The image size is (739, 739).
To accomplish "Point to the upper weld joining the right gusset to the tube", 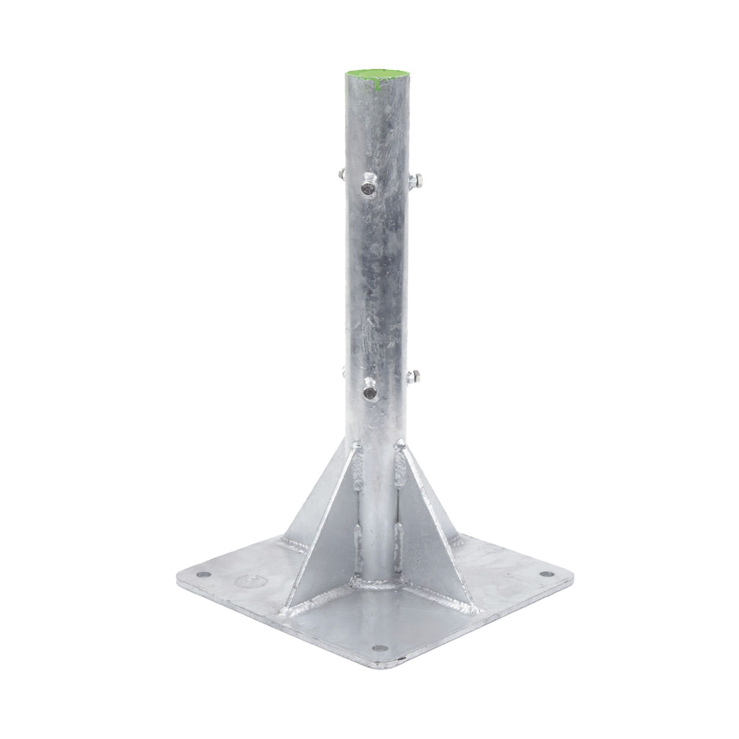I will point(399,468).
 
